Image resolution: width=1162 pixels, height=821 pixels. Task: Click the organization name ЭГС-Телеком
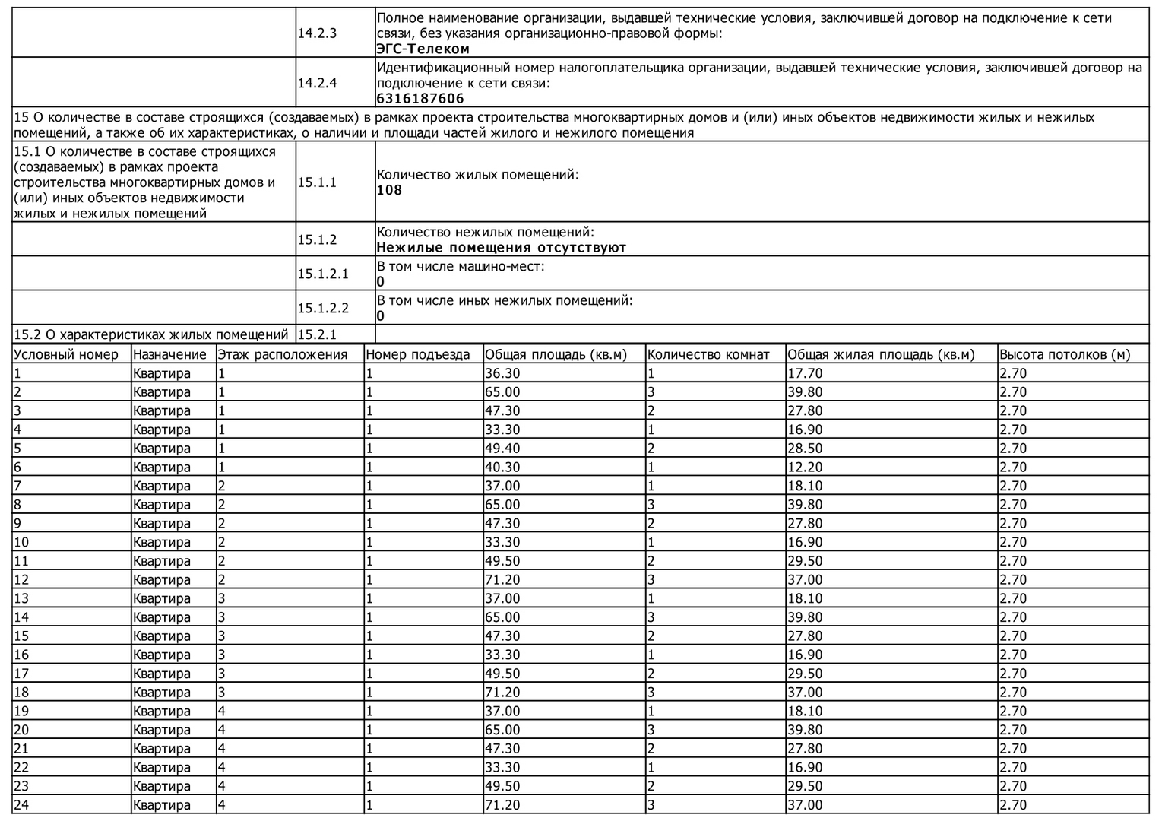click(423, 49)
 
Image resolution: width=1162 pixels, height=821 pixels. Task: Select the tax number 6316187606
click(420, 99)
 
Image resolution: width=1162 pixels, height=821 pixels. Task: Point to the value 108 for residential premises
click(389, 190)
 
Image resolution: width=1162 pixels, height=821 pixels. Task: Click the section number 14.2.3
click(317, 33)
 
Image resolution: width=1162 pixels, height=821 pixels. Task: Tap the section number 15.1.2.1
click(323, 274)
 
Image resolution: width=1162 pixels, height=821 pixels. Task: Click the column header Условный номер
click(66, 354)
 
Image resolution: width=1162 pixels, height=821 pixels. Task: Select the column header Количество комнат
click(708, 354)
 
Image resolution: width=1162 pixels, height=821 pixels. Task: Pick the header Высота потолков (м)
click(1065, 354)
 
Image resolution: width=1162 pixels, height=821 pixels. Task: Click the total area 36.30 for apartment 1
click(502, 373)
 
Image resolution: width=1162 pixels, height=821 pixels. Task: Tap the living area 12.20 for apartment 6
click(805, 468)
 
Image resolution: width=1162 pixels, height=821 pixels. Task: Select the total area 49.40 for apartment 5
click(502, 449)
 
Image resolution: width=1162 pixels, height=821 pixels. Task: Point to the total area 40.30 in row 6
click(502, 468)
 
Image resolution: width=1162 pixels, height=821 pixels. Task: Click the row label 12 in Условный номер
click(21, 580)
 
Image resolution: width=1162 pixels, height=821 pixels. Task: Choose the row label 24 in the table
click(21, 805)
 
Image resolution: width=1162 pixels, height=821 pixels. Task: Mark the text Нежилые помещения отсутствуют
click(502, 248)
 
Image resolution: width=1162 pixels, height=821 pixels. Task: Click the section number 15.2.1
click(317, 334)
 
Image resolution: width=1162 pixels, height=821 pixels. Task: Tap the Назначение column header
click(169, 354)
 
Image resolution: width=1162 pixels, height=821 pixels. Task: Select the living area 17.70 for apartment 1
click(805, 373)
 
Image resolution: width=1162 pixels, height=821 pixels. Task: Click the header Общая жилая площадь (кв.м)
click(881, 354)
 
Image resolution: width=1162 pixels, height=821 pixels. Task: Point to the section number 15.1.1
click(317, 182)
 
